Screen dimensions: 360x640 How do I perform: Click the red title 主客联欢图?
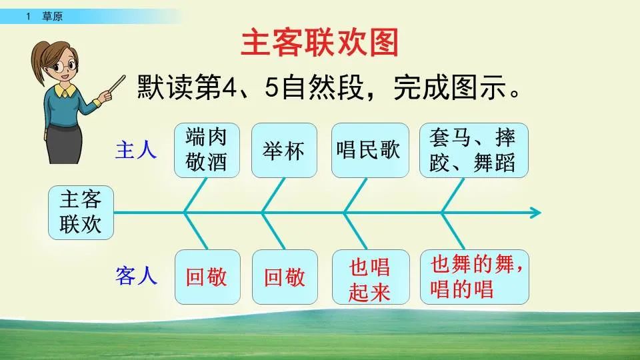[x=319, y=43]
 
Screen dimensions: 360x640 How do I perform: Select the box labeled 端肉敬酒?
[x=206, y=150]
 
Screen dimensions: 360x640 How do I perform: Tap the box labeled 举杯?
[x=284, y=150]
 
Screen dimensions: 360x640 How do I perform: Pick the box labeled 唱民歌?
[x=369, y=150]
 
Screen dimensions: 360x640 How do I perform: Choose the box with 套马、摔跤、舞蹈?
[x=474, y=150]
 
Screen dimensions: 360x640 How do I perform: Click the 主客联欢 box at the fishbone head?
[x=81, y=213]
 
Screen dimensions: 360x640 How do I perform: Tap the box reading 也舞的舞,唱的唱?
[x=474, y=276]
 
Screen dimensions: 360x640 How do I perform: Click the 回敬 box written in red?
[x=206, y=277]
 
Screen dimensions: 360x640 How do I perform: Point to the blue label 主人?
[x=136, y=150]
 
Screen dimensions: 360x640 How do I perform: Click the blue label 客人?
[x=136, y=276]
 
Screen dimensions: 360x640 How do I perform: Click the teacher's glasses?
[x=66, y=66]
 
